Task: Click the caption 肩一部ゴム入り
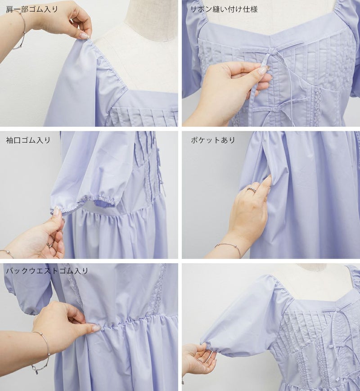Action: (x=31, y=9)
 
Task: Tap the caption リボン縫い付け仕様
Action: (x=224, y=9)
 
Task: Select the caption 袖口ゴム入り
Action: (x=28, y=140)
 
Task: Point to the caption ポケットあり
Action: (x=213, y=140)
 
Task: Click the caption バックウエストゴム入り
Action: (x=47, y=270)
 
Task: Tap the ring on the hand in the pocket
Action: (x=252, y=189)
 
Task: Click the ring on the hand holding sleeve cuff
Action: (x=50, y=244)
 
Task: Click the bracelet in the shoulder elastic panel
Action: (x=21, y=30)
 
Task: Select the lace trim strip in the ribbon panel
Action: (x=317, y=106)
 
